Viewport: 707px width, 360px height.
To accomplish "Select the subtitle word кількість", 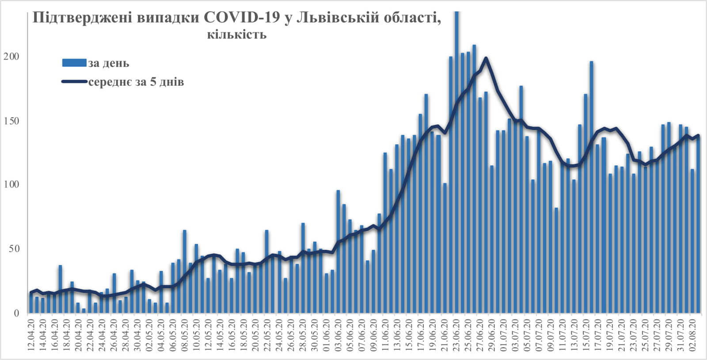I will tap(236, 34).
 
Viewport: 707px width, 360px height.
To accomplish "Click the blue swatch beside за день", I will tap(74, 63).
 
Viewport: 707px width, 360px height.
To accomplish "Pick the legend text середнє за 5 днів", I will tap(136, 82).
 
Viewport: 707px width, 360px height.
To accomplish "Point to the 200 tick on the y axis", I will tap(11, 57).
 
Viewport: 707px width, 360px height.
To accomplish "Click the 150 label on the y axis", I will tap(11, 121).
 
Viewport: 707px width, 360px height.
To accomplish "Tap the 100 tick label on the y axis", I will tap(11, 185).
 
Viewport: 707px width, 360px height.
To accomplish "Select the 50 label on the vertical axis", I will tap(14, 249).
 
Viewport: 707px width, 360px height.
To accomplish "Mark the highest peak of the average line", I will tap(486, 58).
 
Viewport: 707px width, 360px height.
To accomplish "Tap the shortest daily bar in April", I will tap(84, 311).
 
